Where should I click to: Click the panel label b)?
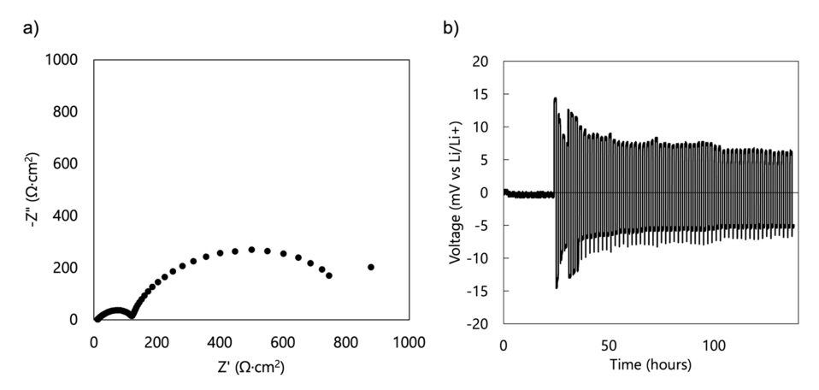451,27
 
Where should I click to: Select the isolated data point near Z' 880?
371,267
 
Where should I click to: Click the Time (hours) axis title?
651,365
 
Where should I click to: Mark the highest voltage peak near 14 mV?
555,99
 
